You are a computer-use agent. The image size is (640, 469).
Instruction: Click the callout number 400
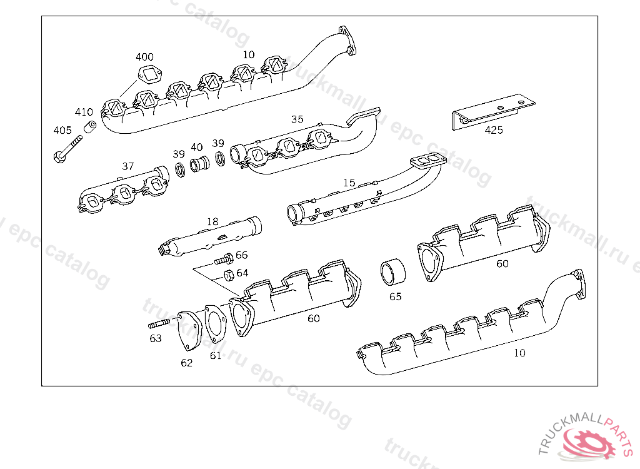pyautogui.click(x=144, y=57)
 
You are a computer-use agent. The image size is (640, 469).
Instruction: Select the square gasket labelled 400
pyautogui.click(x=150, y=75)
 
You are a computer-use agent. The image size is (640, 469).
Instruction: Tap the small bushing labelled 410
pyautogui.click(x=90, y=127)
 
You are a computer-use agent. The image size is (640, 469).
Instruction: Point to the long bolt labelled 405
pyautogui.click(x=67, y=149)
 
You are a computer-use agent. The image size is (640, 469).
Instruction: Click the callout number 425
pyautogui.click(x=494, y=130)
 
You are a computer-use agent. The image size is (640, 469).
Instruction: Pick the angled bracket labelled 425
pyautogui.click(x=493, y=113)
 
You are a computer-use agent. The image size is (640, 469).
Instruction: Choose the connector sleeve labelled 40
pyautogui.click(x=199, y=164)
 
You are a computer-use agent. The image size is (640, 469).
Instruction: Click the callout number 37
pyautogui.click(x=127, y=166)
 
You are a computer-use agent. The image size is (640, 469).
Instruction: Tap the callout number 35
pyautogui.click(x=297, y=119)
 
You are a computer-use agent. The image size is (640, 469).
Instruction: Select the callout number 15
pyautogui.click(x=349, y=183)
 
